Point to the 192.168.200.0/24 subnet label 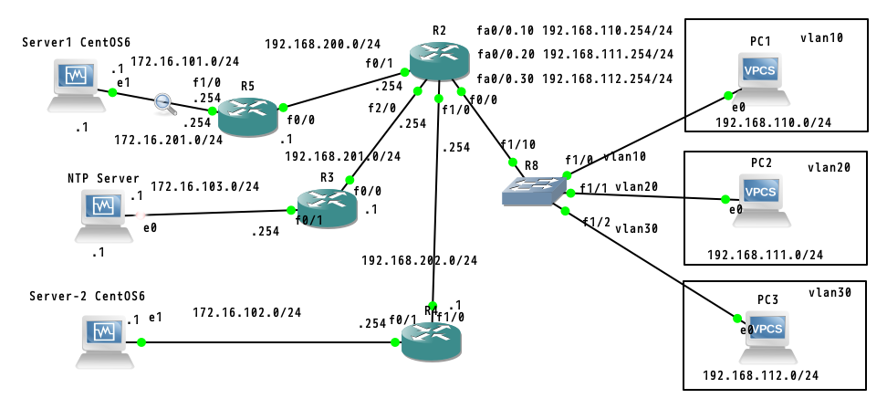click(x=323, y=43)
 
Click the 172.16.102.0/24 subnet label click(x=247, y=313)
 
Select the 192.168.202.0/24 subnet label click(x=420, y=260)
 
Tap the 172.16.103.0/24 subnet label click(x=205, y=186)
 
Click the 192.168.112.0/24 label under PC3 click(x=760, y=375)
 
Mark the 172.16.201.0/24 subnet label click(x=169, y=140)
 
